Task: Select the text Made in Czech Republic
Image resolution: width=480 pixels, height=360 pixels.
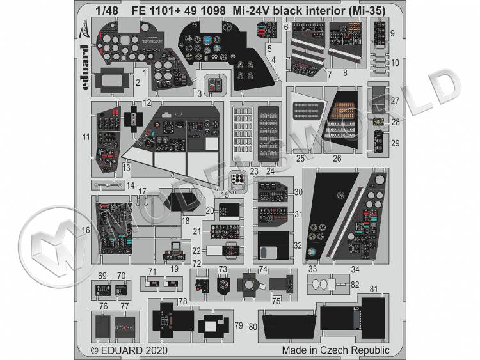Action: point(335,350)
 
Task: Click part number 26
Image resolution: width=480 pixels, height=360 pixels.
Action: point(337,159)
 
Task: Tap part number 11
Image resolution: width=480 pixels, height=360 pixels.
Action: point(86,136)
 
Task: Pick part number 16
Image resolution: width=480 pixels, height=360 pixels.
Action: point(86,229)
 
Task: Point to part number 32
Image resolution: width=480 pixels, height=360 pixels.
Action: point(298,245)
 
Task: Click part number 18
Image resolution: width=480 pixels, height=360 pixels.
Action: point(186,221)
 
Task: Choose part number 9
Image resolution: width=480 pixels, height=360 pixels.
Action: point(392,33)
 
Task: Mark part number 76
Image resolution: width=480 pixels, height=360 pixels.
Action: point(103,306)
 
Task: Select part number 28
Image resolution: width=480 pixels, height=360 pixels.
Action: point(395,122)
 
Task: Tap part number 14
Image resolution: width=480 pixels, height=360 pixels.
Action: point(131,186)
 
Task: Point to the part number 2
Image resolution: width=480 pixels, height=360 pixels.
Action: point(138,82)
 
